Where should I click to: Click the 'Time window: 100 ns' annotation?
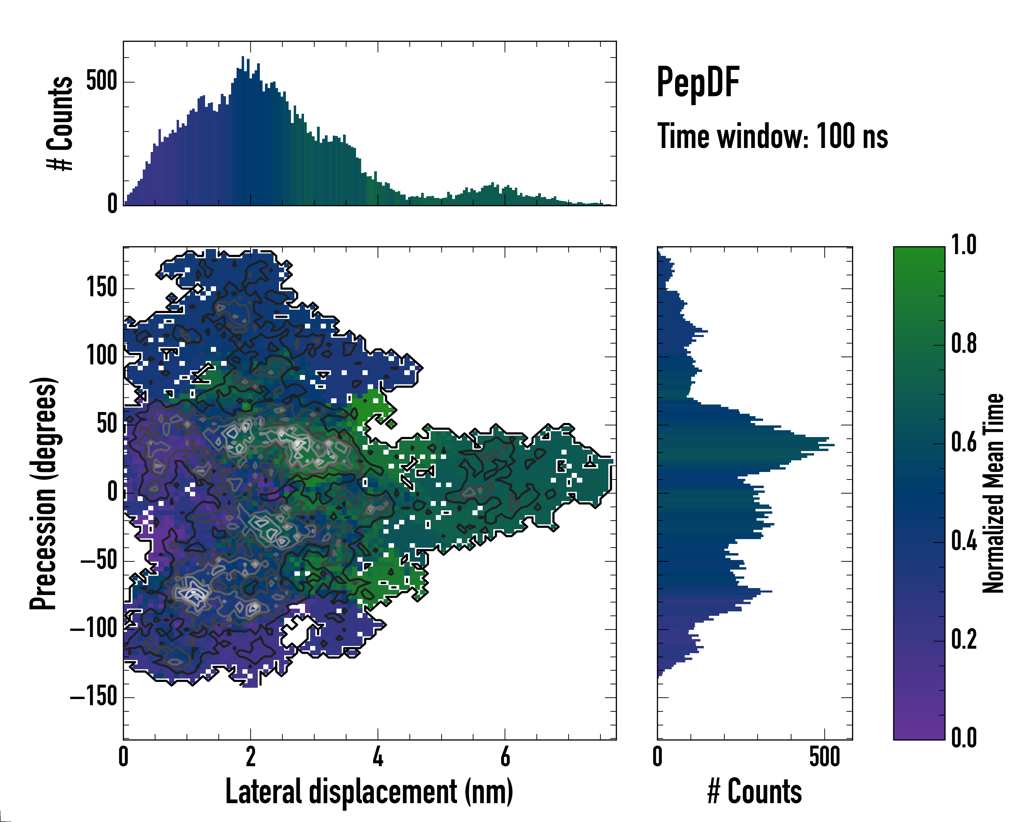[x=772, y=136]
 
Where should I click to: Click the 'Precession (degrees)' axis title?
[x=44, y=493]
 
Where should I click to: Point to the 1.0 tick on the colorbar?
[x=964, y=245]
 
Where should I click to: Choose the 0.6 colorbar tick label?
[x=964, y=442]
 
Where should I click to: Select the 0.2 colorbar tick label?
[x=964, y=639]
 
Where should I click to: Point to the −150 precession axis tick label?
[x=94, y=697]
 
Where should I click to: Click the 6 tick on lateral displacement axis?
[x=505, y=757]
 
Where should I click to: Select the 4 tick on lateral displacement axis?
[x=378, y=757]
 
